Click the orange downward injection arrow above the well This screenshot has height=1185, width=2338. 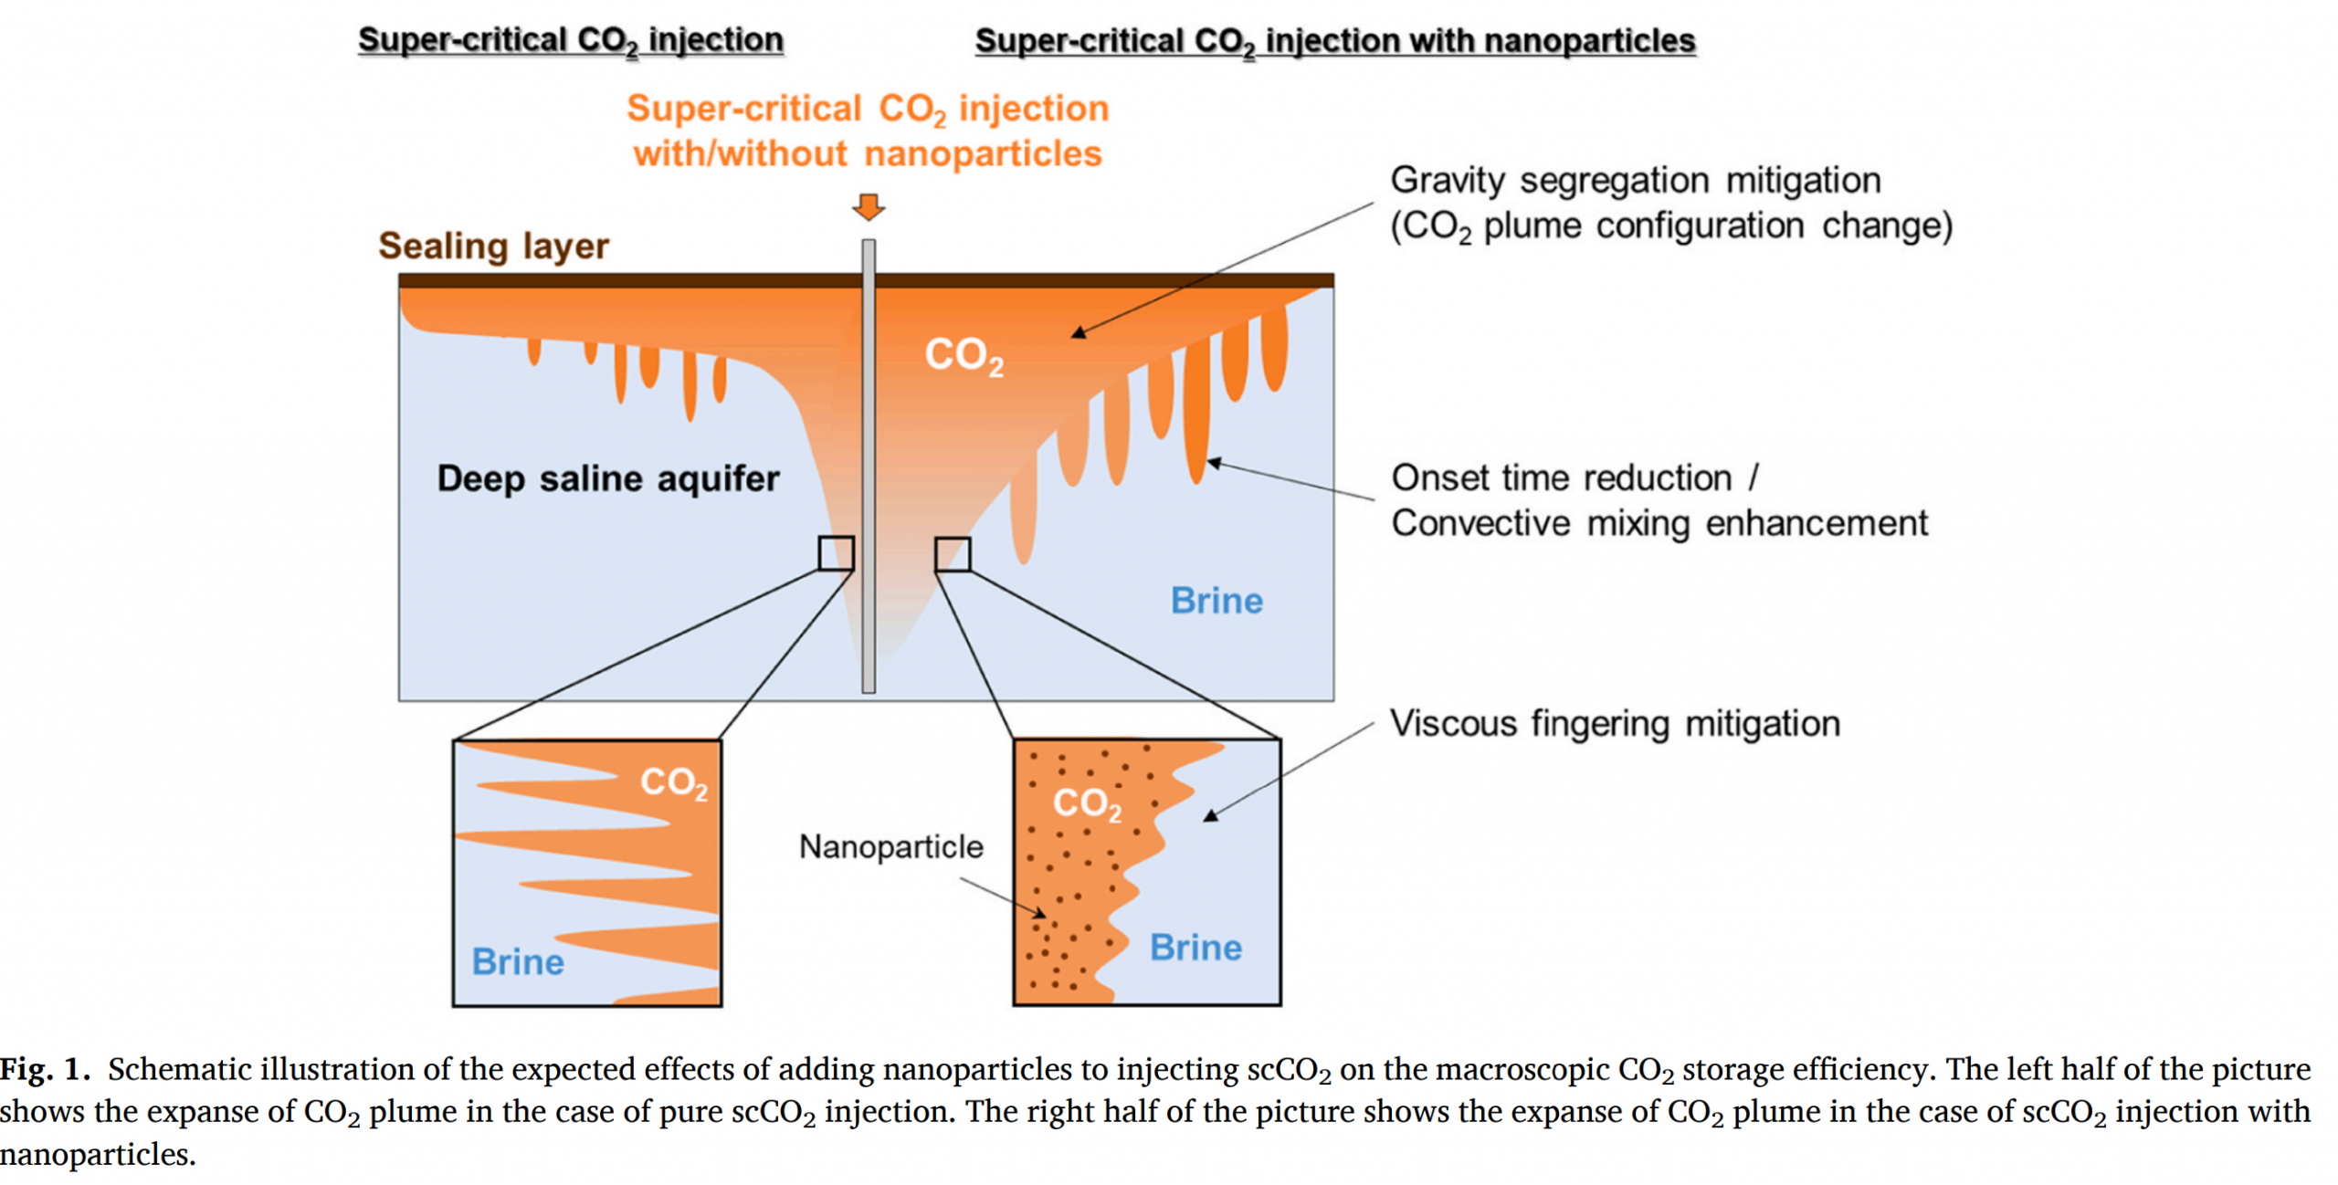tap(868, 206)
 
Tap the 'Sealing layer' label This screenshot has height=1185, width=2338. tap(493, 246)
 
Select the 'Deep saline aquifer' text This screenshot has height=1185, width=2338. tap(607, 478)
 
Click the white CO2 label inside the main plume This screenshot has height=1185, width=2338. tap(964, 354)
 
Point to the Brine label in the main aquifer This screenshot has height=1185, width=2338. tap(1216, 600)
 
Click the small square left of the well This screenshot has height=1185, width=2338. tap(835, 553)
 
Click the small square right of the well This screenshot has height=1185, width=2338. tap(952, 554)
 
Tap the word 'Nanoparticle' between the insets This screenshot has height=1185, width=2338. tap(890, 846)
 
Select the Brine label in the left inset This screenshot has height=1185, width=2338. tap(518, 961)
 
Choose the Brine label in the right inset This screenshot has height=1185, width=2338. tap(1195, 947)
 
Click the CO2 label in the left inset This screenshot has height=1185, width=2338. tap(673, 782)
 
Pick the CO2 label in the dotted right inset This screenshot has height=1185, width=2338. tap(1087, 803)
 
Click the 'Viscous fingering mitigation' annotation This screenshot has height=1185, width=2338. tap(1614, 723)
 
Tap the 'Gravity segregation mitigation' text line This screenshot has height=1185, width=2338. tap(1635, 180)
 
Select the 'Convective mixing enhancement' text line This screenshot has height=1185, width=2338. tap(1659, 523)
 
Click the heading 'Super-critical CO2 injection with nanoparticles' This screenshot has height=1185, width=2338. tap(1334, 40)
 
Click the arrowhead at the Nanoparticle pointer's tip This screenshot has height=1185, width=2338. tap(1040, 912)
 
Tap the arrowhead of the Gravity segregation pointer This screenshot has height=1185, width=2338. tap(1079, 333)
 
